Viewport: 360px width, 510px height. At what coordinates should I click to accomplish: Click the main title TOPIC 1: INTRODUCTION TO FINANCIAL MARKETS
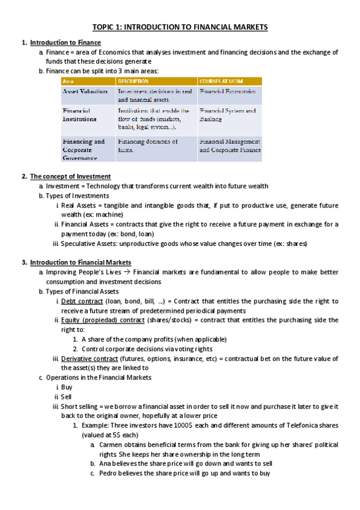(180, 27)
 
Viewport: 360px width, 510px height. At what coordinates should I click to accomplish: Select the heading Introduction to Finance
(66, 43)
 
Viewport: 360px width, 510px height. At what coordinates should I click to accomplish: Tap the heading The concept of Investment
(70, 176)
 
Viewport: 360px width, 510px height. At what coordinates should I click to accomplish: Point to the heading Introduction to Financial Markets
(81, 262)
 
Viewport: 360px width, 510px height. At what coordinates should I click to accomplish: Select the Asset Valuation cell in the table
(85, 91)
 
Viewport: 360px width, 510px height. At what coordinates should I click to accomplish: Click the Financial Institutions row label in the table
(79, 115)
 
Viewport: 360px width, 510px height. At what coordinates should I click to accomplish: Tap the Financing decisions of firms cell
(148, 146)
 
